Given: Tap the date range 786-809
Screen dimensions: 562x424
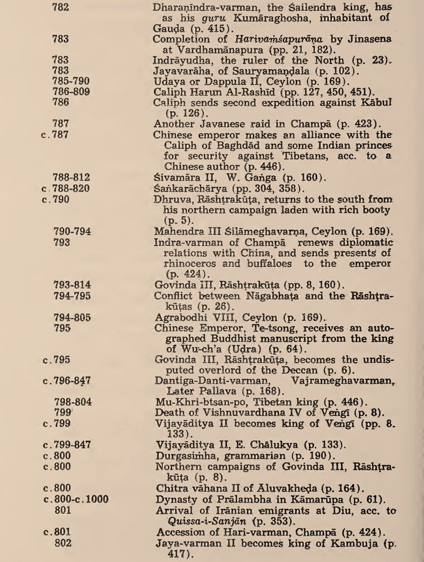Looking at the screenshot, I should pos(71,91).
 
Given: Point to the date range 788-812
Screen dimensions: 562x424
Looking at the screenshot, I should pos(71,177).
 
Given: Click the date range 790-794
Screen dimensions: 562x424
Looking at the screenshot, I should pos(73,231).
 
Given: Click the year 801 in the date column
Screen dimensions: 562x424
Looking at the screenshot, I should pos(63,509).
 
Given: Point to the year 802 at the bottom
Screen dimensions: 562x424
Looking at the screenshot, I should pos(63,542).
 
